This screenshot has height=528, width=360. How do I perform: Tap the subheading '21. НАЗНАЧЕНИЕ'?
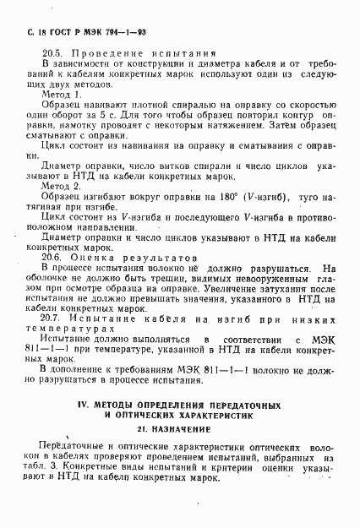[180, 431]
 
